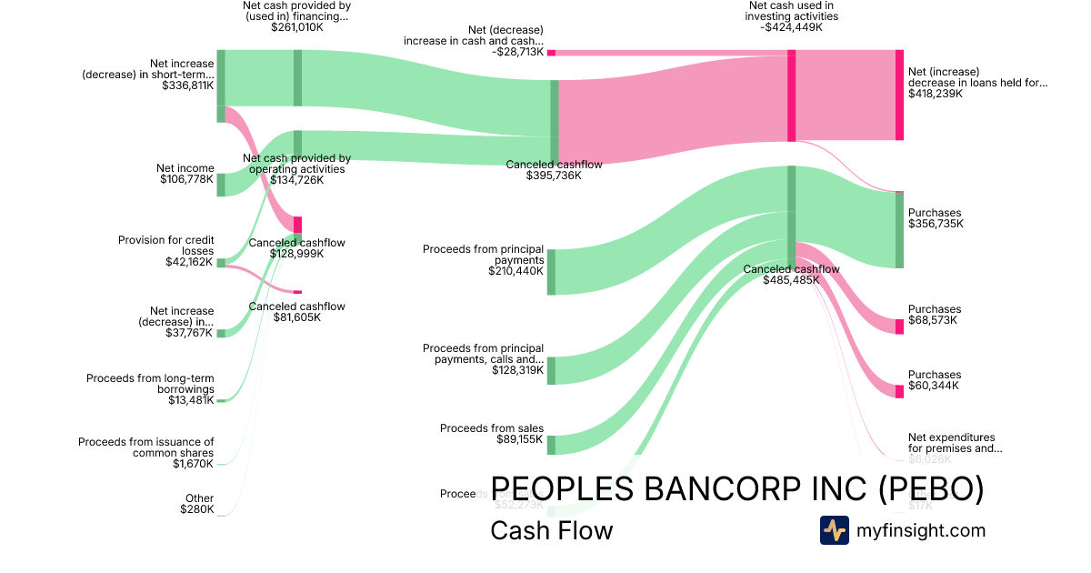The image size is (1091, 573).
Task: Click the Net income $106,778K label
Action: tap(185, 174)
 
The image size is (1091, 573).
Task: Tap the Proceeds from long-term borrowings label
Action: tap(150, 388)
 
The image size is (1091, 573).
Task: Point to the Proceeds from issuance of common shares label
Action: tap(145, 452)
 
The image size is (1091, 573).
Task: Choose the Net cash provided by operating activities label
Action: tap(297, 168)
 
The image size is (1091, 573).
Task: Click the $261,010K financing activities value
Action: tap(296, 27)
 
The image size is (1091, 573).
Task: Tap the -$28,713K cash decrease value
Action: tap(518, 52)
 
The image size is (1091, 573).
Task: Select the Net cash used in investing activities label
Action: tap(791, 16)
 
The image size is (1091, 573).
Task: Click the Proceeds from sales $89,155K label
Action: tap(492, 434)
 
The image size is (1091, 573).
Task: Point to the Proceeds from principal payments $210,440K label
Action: tap(483, 259)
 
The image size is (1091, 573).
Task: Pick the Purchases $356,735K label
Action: tap(935, 218)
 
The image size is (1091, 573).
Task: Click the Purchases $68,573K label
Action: tap(935, 315)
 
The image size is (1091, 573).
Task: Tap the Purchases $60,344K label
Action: tap(935, 380)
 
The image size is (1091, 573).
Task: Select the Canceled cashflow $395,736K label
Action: tap(554, 169)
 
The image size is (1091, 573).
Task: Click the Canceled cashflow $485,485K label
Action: tap(791, 274)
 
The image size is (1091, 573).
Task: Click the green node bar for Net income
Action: tap(221, 185)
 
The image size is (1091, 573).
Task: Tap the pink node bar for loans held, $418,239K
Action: tap(899, 95)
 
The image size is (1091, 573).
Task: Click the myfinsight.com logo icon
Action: tap(834, 530)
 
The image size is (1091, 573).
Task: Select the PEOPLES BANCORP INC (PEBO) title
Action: tap(736, 489)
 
